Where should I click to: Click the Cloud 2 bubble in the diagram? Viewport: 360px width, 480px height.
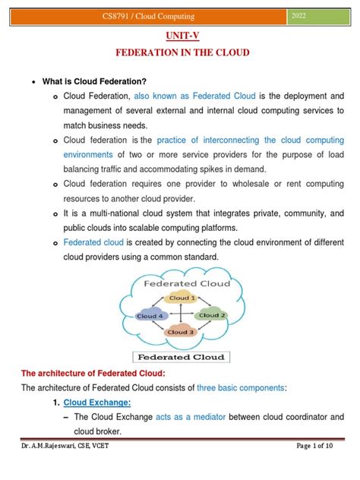click(213, 314)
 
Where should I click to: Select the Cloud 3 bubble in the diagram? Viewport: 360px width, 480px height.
click(181, 331)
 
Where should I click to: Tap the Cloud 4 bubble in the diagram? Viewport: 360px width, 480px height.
click(149, 315)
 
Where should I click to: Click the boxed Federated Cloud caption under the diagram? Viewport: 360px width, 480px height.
click(180, 355)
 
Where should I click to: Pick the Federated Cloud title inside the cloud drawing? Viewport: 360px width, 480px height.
click(181, 283)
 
